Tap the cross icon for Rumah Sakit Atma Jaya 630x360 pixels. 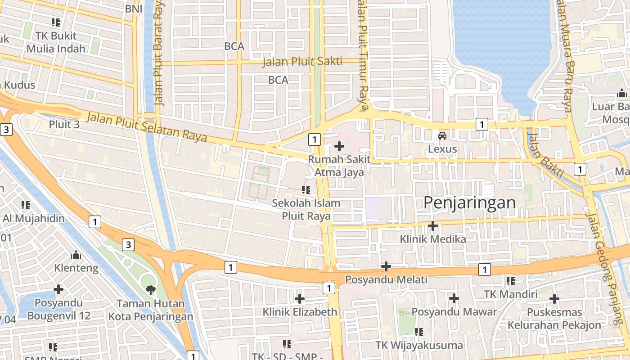[x=339, y=146]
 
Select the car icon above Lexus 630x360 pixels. [x=442, y=135]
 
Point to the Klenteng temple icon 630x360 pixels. [x=76, y=255]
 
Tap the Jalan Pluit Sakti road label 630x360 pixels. [x=302, y=62]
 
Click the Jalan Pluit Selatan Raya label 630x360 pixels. [x=147, y=126]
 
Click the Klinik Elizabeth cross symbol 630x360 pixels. [x=300, y=298]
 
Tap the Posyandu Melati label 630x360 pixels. [x=386, y=279]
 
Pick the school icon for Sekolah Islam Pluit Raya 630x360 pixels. [x=306, y=190]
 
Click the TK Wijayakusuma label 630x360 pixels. [x=419, y=345]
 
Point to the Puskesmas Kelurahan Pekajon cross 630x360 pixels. [x=554, y=298]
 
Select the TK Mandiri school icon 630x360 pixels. [x=510, y=281]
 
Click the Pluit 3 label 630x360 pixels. [x=64, y=124]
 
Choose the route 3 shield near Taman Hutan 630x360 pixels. [x=129, y=245]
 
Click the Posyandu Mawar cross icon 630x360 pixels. [x=454, y=298]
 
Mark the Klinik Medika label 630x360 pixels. [x=433, y=239]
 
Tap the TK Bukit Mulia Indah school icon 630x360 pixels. [x=56, y=22]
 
